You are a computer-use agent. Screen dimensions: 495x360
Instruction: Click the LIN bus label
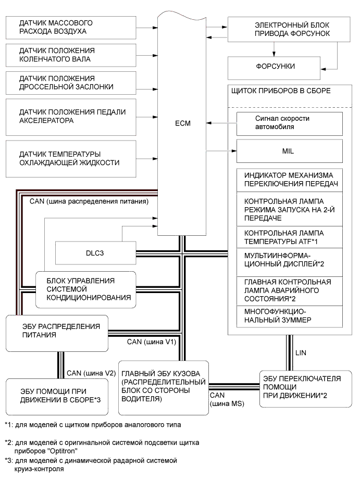[301, 353]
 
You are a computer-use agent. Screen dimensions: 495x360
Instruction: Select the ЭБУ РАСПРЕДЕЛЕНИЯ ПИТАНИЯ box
[57, 333]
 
